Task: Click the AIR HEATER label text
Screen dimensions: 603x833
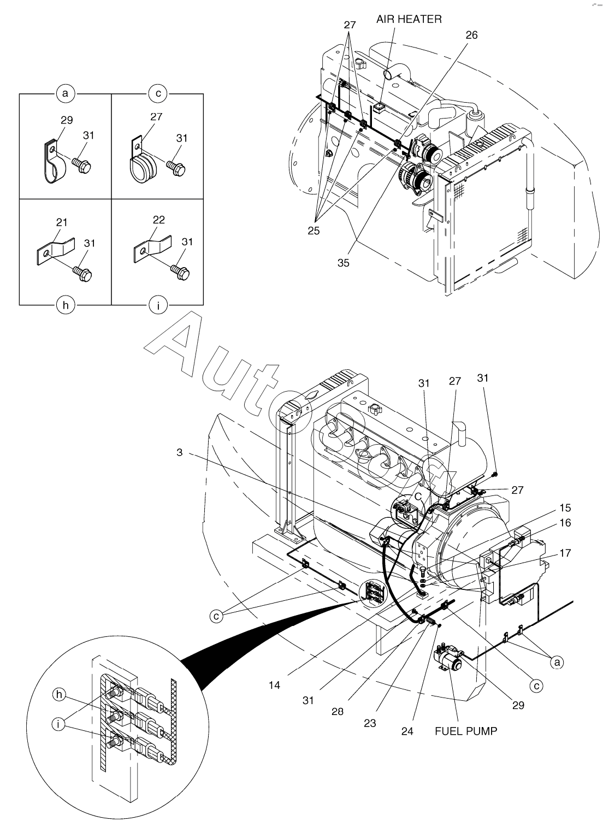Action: click(409, 19)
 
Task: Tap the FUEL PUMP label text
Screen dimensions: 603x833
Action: click(466, 731)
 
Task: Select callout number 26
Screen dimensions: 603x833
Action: click(471, 35)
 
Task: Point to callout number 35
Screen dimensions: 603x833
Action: click(344, 263)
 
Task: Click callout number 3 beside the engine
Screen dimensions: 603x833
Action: click(180, 452)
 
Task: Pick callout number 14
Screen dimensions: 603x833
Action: click(274, 685)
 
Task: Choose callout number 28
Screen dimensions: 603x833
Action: click(338, 711)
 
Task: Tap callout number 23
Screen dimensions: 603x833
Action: click(370, 723)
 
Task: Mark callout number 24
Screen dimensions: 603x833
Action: click(407, 731)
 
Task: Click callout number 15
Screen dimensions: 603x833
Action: click(565, 507)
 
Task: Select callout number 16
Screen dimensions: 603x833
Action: click(565, 523)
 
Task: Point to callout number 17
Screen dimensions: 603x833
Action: click(565, 553)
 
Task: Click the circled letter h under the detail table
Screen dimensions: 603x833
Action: click(66, 305)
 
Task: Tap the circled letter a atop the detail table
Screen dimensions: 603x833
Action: click(66, 93)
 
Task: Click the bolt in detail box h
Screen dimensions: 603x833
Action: click(82, 273)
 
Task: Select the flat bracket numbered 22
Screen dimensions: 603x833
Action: click(152, 250)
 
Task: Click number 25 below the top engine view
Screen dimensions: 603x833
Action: click(314, 231)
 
